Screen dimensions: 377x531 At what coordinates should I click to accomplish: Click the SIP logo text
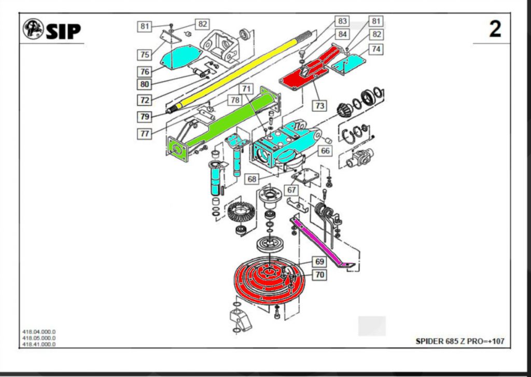[x=63, y=31]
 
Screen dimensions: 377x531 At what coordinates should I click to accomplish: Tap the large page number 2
[x=495, y=30]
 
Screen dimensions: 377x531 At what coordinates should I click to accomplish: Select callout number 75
[x=145, y=54]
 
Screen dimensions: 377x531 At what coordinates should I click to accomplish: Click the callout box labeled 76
[x=145, y=72]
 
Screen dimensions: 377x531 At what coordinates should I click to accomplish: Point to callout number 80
[x=145, y=84]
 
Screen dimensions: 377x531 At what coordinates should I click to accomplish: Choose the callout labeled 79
[x=145, y=116]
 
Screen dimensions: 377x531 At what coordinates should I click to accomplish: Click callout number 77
[x=145, y=134]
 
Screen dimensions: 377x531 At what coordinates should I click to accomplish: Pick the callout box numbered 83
[x=342, y=21]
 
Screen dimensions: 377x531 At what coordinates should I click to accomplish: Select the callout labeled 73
[x=319, y=105]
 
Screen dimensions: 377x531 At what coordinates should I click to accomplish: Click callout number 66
[x=325, y=151]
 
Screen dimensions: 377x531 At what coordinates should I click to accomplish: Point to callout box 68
[x=252, y=179]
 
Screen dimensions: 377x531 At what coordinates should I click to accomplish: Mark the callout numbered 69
[x=319, y=262]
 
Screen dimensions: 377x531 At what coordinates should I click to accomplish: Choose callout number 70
[x=319, y=275]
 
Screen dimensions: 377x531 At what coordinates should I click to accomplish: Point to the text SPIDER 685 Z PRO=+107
[x=459, y=341]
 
